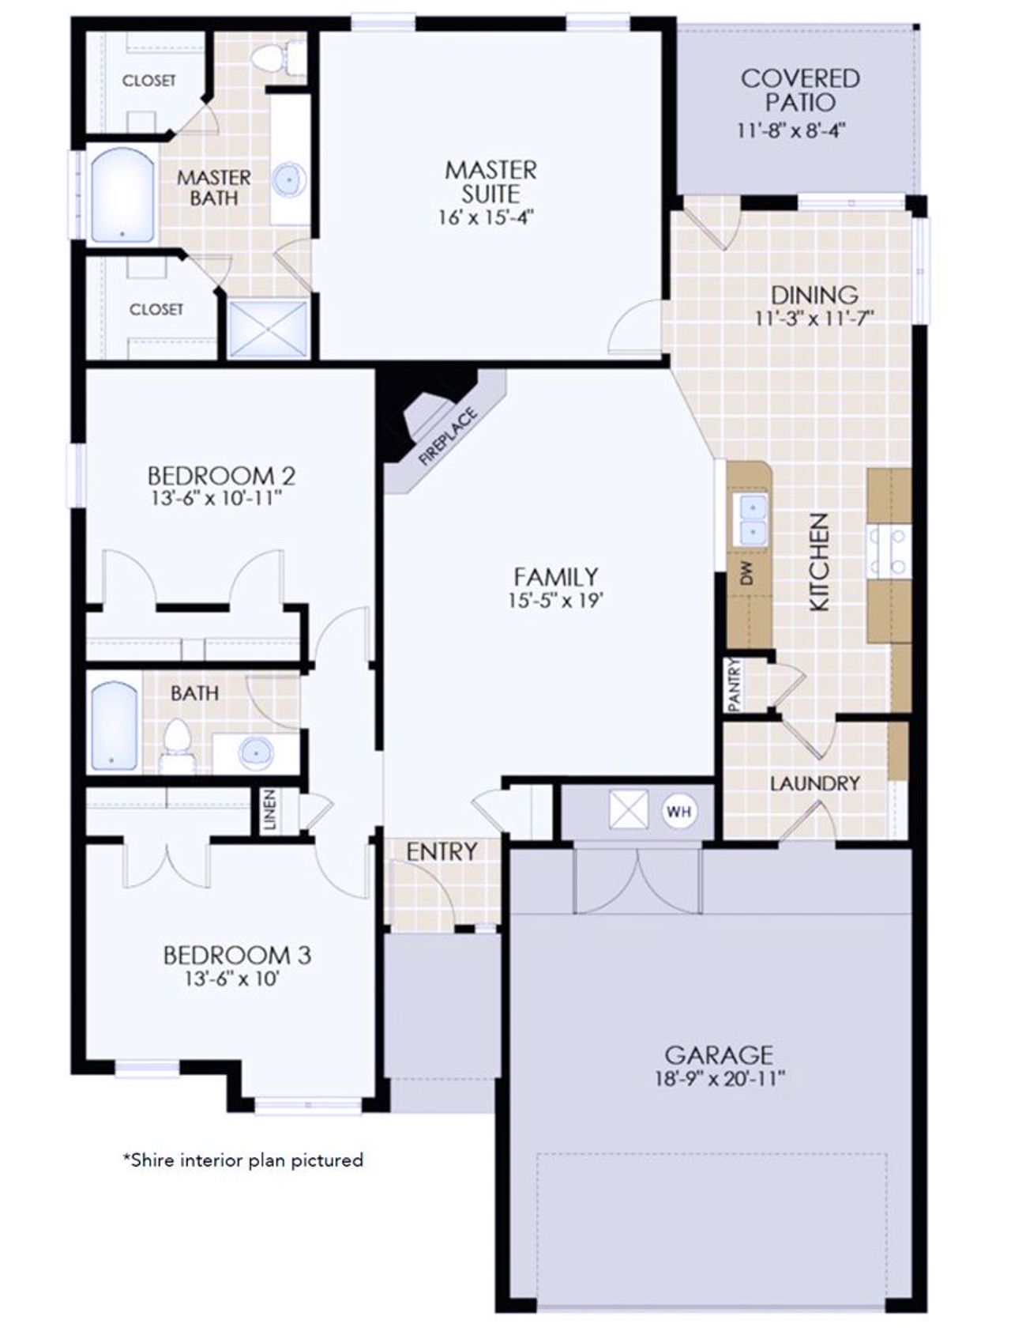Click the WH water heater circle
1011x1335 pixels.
tap(678, 811)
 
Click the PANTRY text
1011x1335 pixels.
tap(734, 685)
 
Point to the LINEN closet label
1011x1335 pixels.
tap(270, 810)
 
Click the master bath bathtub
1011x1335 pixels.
tap(122, 195)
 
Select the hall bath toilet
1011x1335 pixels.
tap(177, 741)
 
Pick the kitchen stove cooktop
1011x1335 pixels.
tap(889, 552)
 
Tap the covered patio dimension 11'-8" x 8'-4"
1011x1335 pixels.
tap(791, 130)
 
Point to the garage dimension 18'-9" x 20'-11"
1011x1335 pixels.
tap(720, 1079)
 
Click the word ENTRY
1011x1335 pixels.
tap(442, 851)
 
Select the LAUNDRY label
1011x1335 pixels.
tap(814, 783)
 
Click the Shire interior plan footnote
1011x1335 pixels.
tap(242, 1160)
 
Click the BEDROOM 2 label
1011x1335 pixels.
tap(221, 476)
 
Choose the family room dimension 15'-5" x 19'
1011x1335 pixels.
tap(555, 601)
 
